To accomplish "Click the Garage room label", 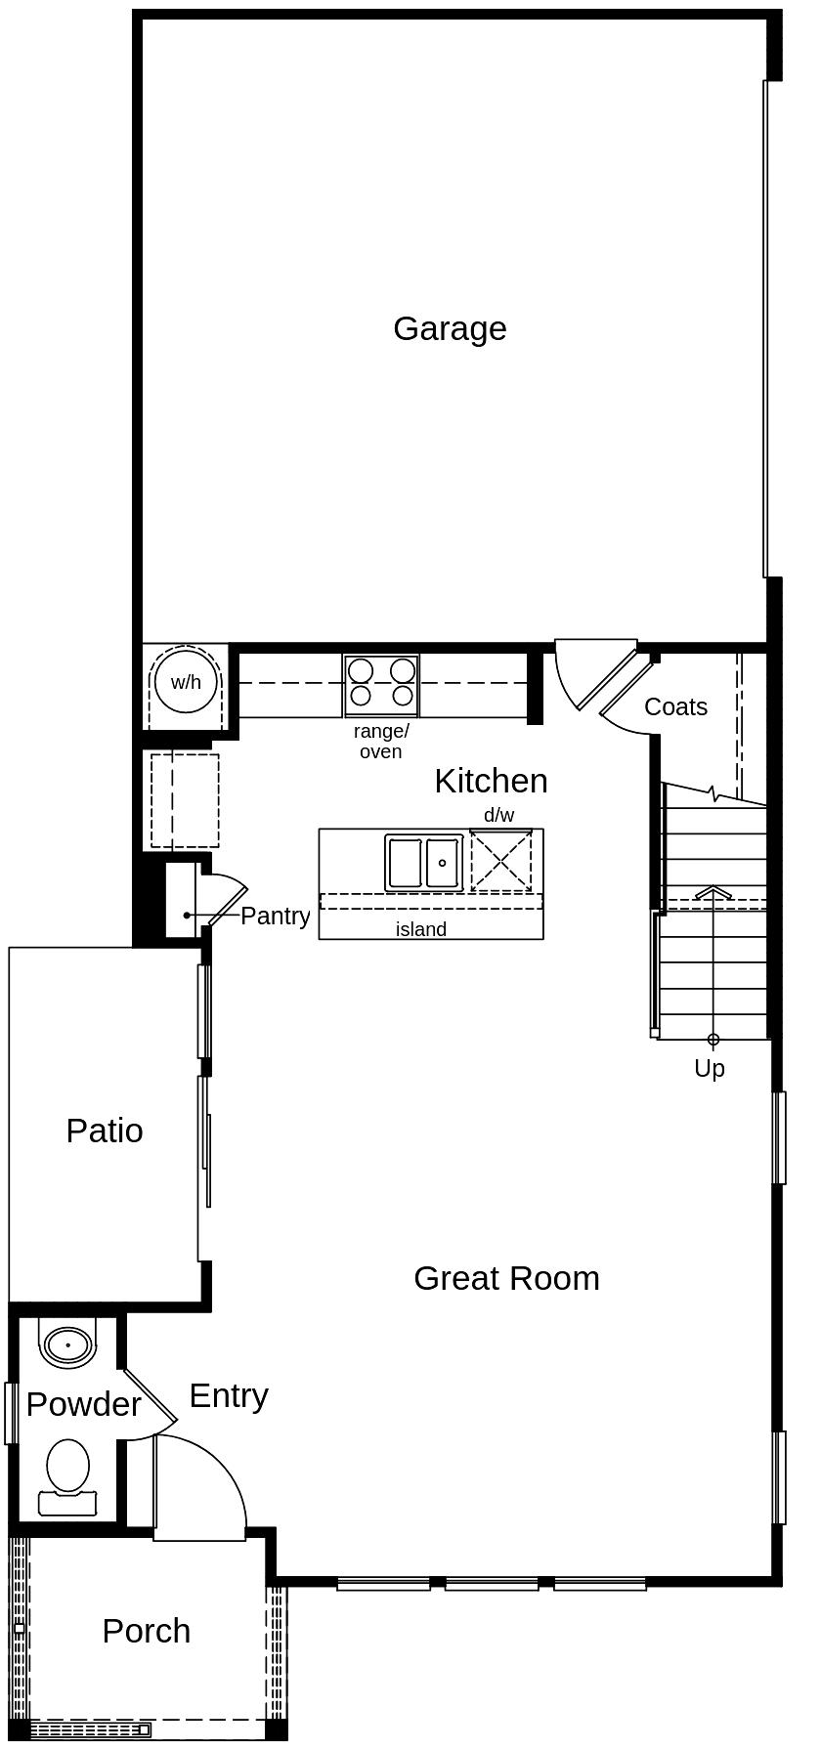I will [x=450, y=328].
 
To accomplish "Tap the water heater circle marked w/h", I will [x=186, y=682].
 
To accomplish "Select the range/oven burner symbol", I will [x=381, y=682].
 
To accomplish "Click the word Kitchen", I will [x=491, y=781].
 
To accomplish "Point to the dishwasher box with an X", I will [x=501, y=860].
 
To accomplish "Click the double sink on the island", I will [x=424, y=862].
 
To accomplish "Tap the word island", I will [x=420, y=929].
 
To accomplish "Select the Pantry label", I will [x=275, y=916].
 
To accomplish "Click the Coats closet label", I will [x=675, y=706].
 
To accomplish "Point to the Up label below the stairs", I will [x=710, y=1068].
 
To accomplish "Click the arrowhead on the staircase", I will [x=713, y=892].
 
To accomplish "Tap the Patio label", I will [x=105, y=1131].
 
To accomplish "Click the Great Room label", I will [x=506, y=1278].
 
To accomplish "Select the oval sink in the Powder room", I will [x=67, y=1345].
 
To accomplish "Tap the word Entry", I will [x=229, y=1395].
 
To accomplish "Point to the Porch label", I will [x=147, y=1631].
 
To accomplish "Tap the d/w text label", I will [x=498, y=815].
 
